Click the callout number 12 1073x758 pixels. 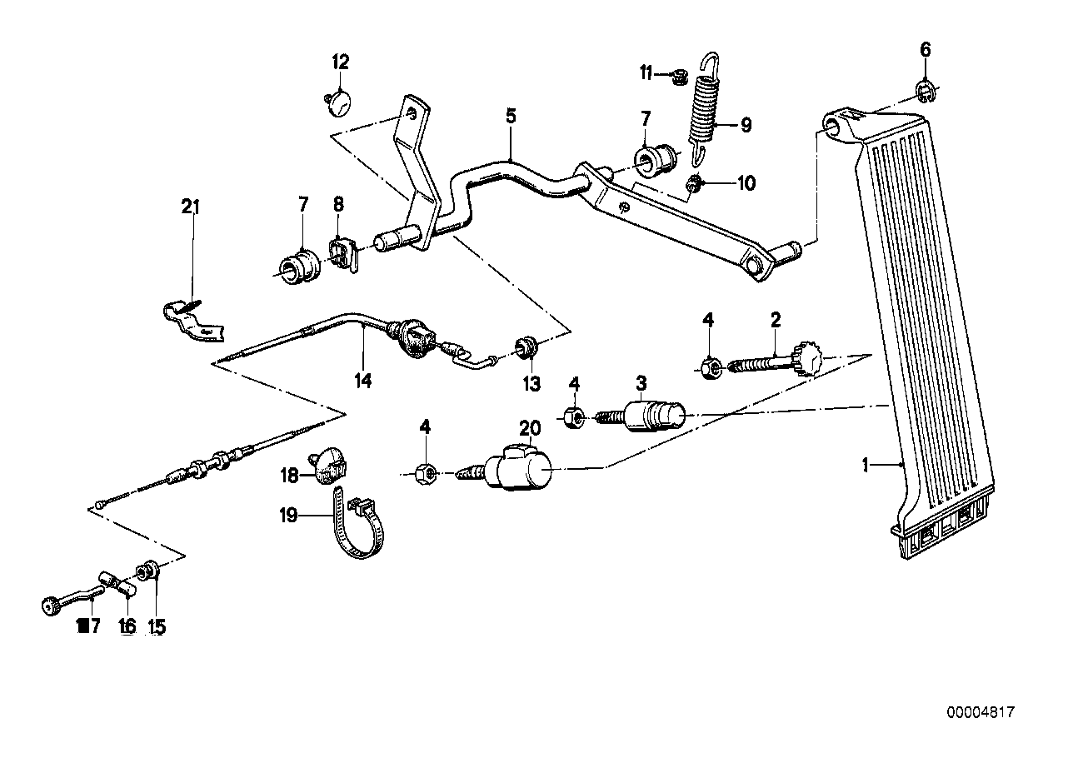[x=342, y=62]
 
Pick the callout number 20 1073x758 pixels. [x=530, y=429]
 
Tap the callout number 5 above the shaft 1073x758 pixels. [x=510, y=116]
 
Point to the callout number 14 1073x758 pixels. [x=362, y=381]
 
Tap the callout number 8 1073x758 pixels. [x=338, y=204]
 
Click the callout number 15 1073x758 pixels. [x=157, y=626]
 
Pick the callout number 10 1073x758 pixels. [x=746, y=183]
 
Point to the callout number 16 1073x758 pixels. [x=127, y=626]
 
